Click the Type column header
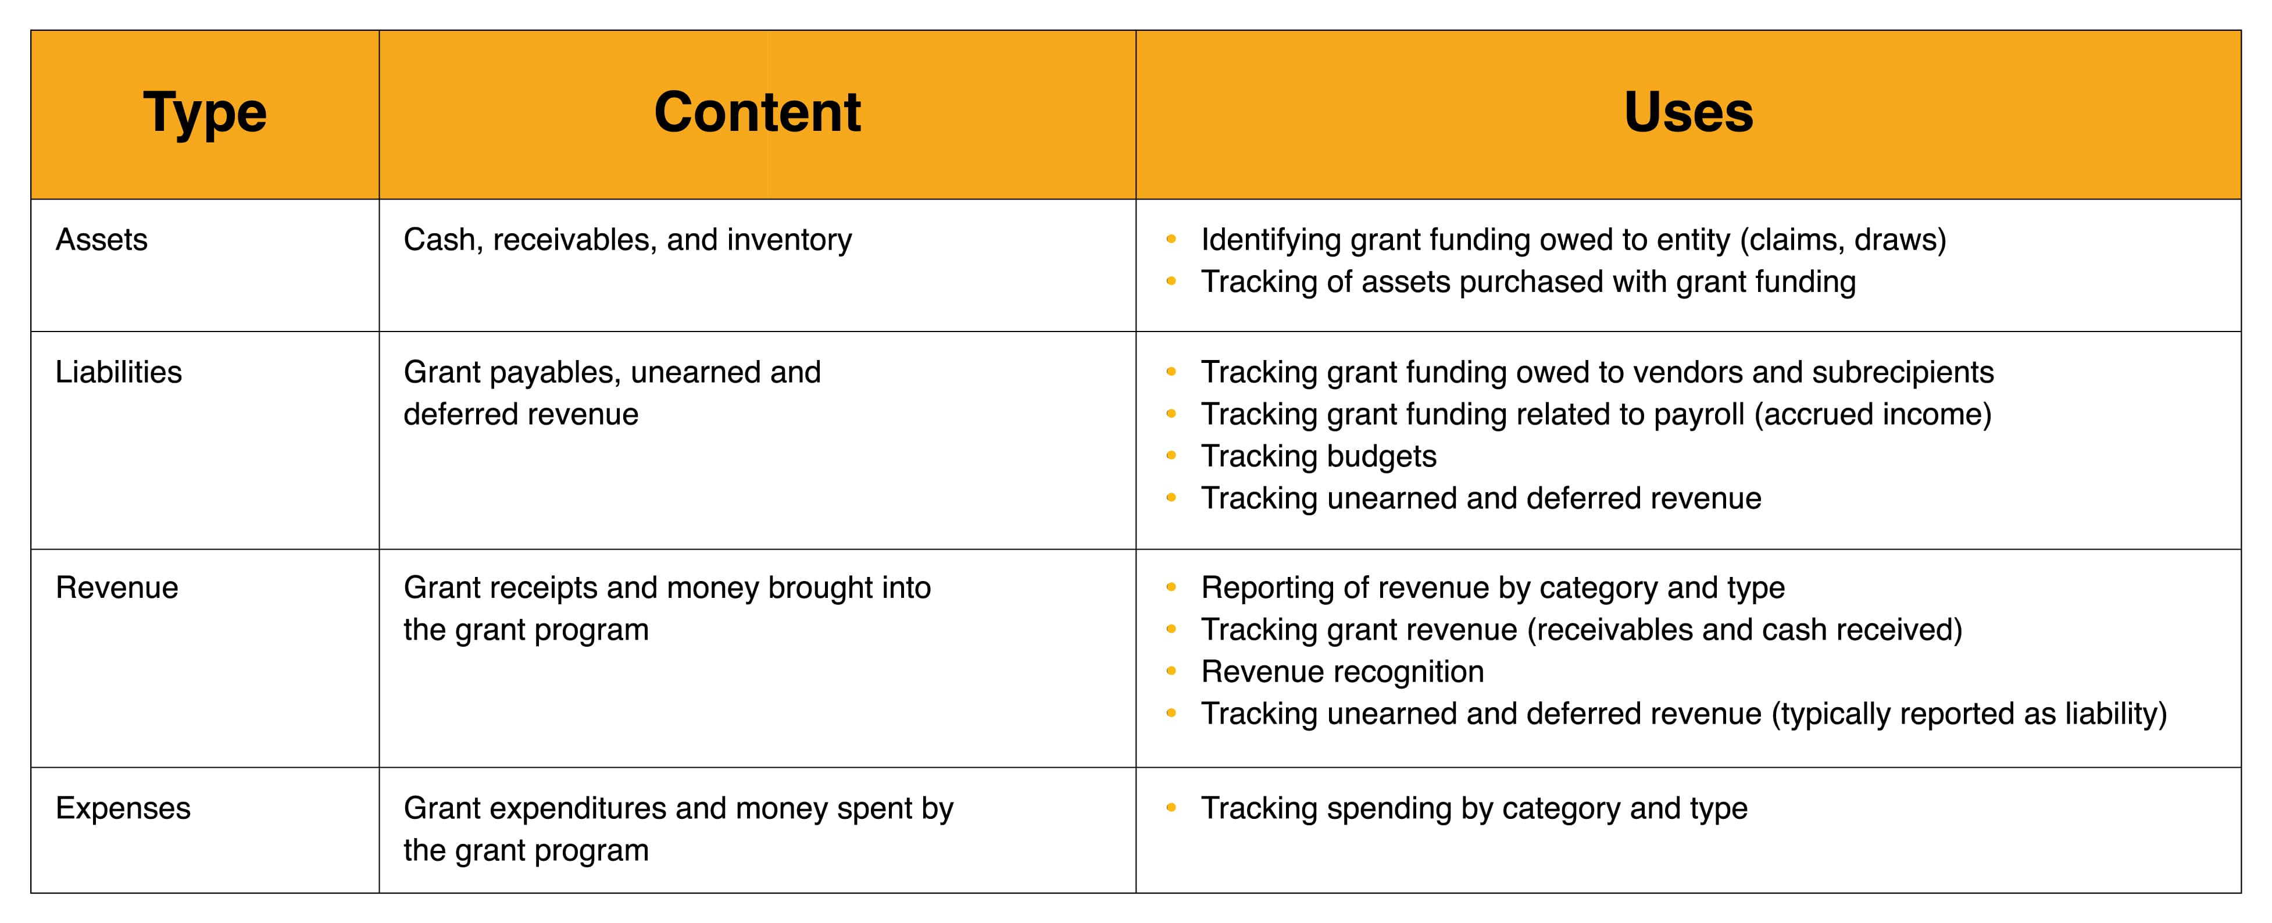coord(205,113)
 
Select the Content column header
coord(757,112)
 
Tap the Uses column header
coord(1688,112)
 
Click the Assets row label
coord(101,240)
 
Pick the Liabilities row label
coord(118,372)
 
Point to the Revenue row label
coord(116,587)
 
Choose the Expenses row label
coord(123,809)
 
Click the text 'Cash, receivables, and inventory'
coord(628,241)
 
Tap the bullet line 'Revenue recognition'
coord(1342,672)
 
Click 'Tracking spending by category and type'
coord(1474,809)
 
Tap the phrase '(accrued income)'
coord(1873,415)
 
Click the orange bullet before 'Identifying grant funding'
coord(1171,239)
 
